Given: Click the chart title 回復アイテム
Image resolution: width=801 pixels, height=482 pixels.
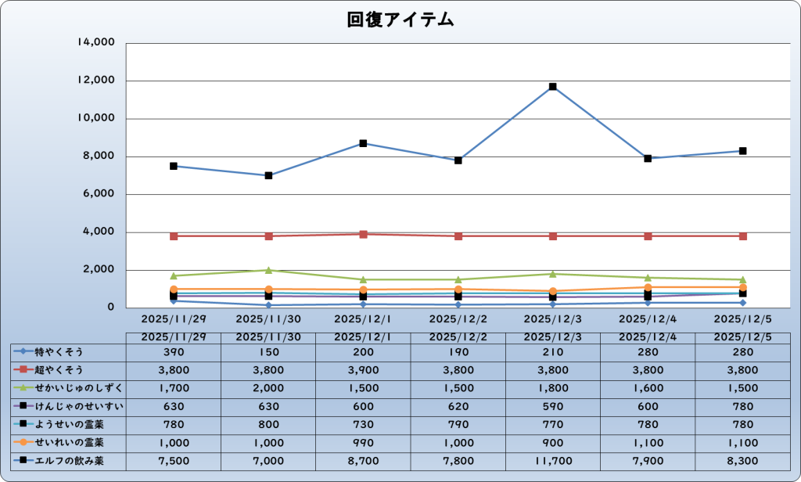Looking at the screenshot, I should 400,20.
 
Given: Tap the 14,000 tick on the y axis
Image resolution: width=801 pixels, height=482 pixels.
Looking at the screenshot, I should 96,43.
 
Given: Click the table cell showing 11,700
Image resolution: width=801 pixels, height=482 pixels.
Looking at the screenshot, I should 552,461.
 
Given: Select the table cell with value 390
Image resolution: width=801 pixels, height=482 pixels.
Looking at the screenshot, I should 174,351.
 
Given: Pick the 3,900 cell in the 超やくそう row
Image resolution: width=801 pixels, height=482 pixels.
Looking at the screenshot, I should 363,369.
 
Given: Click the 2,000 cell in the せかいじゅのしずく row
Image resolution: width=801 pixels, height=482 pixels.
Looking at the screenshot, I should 268,388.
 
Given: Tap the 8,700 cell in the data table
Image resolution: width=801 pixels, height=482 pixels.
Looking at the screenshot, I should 363,461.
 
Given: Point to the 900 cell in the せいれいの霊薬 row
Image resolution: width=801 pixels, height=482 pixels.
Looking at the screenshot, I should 552,443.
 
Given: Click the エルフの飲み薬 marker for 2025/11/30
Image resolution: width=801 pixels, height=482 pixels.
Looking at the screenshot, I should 268,175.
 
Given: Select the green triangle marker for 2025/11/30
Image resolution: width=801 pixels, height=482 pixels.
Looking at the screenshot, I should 268,270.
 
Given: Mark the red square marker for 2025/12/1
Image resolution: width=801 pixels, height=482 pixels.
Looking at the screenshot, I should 363,234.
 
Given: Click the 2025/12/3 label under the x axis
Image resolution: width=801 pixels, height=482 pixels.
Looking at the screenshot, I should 552,319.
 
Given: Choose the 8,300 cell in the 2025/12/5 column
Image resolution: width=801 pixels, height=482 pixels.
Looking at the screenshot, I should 742,461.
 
